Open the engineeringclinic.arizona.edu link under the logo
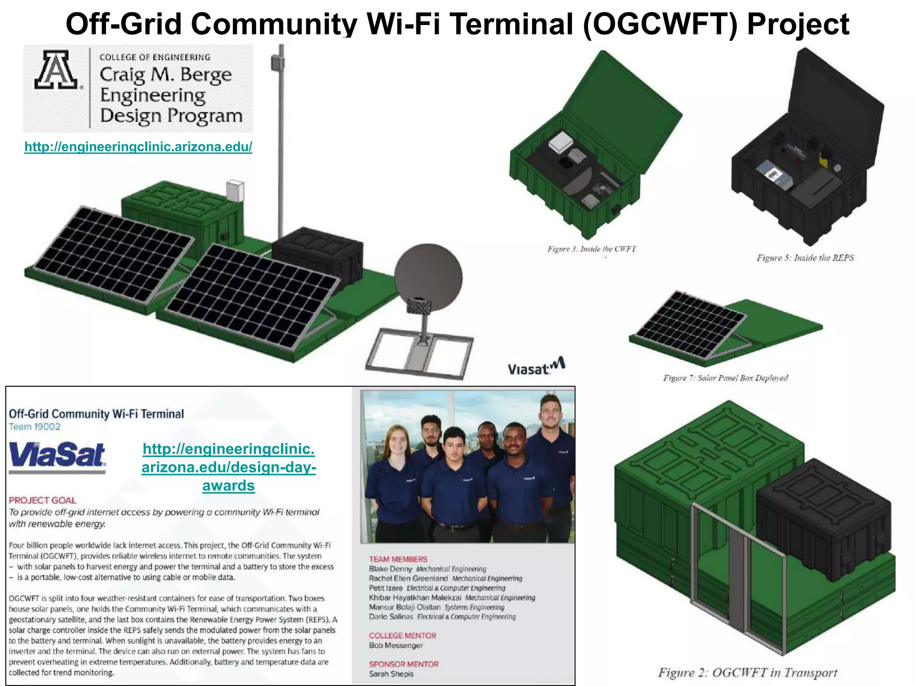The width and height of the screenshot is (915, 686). pyautogui.click(x=138, y=146)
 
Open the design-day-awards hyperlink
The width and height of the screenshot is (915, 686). pyautogui.click(x=229, y=467)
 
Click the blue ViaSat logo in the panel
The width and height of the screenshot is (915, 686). pyautogui.click(x=57, y=455)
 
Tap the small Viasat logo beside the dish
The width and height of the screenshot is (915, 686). pyautogui.click(x=536, y=367)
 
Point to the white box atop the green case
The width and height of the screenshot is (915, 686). pyautogui.click(x=235, y=191)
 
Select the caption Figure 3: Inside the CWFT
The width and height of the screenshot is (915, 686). pyautogui.click(x=592, y=249)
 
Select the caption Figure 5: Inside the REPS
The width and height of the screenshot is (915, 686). pyautogui.click(x=805, y=258)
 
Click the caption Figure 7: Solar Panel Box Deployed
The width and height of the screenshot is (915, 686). pyautogui.click(x=725, y=378)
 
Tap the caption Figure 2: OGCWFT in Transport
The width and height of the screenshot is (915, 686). pyautogui.click(x=747, y=673)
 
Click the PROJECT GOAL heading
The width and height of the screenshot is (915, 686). pyautogui.click(x=42, y=500)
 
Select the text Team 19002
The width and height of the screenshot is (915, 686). pyautogui.click(x=35, y=427)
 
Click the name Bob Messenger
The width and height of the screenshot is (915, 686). pyautogui.click(x=395, y=645)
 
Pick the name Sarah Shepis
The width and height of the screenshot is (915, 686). pyautogui.click(x=391, y=674)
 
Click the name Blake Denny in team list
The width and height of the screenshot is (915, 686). pyautogui.click(x=390, y=569)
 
